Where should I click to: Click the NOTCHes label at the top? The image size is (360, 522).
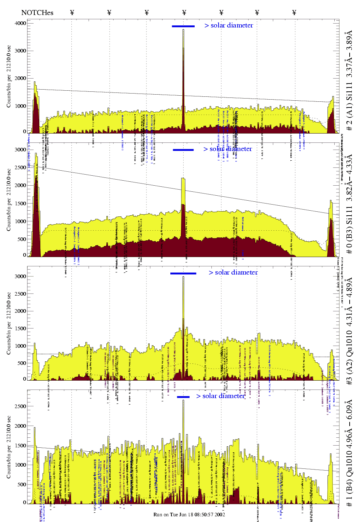[37, 13]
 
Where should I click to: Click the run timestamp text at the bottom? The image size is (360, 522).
[189, 515]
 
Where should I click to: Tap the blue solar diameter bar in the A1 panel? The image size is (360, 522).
[183, 26]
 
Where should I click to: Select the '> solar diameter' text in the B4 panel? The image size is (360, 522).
[220, 396]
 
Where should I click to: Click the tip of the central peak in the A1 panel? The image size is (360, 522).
[184, 30]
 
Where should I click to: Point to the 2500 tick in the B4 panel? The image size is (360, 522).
[20, 406]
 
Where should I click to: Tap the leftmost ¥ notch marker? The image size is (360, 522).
[72, 13]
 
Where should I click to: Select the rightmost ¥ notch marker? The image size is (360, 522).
[294, 13]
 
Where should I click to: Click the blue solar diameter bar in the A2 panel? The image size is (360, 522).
[183, 273]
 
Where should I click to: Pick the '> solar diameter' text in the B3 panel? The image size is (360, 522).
[228, 149]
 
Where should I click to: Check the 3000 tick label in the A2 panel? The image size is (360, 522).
[20, 276]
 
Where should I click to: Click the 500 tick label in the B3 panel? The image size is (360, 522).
[22, 239]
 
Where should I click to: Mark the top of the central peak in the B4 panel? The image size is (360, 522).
[184, 400]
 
